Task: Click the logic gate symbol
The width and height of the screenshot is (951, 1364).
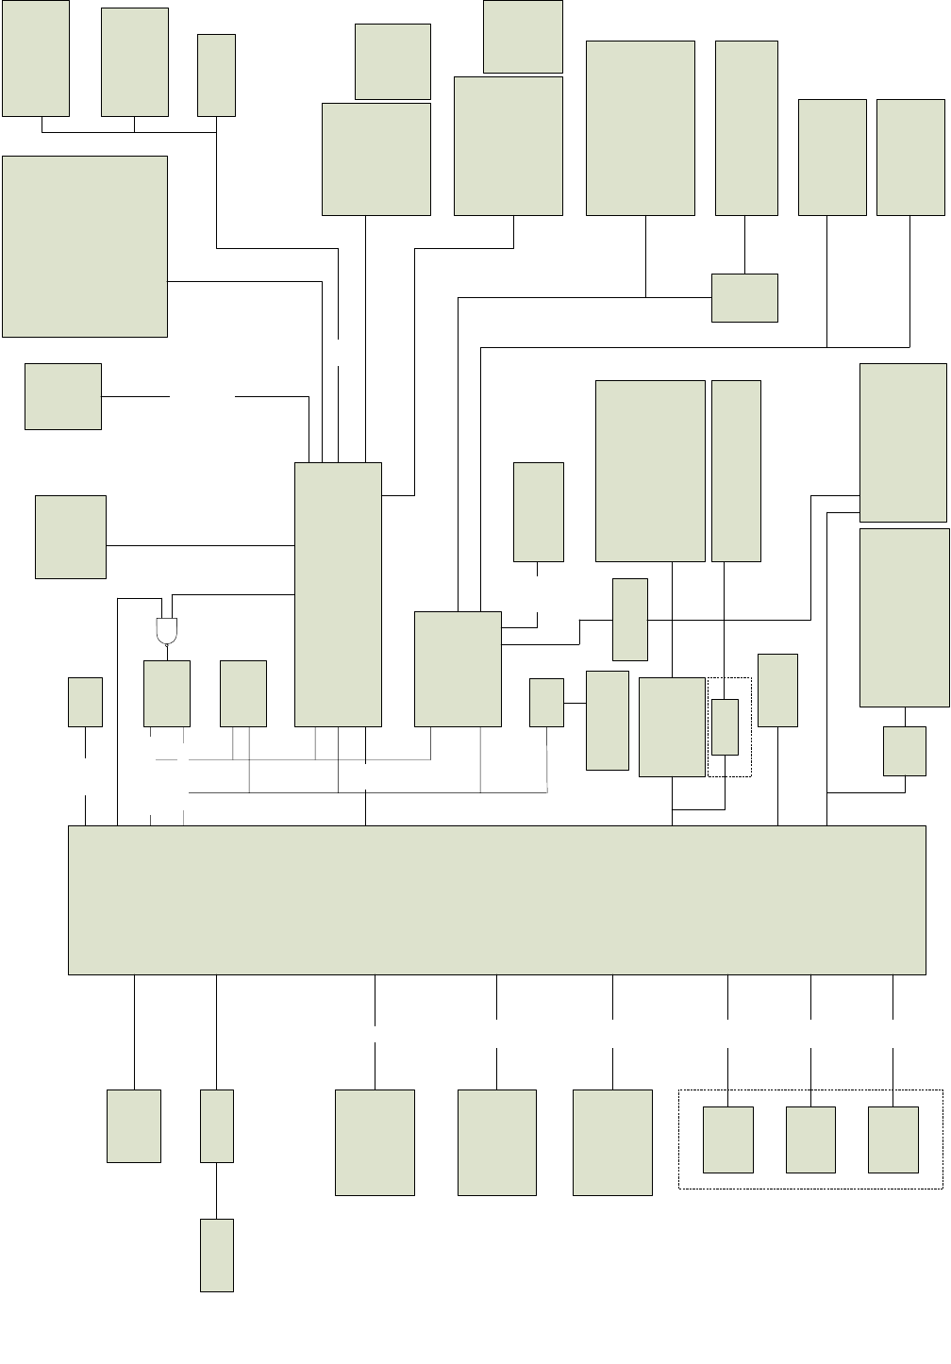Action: click(x=166, y=630)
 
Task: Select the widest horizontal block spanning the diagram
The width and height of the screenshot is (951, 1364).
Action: click(x=496, y=900)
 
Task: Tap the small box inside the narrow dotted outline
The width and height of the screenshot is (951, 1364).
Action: click(x=725, y=726)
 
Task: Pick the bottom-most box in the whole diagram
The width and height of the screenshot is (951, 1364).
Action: click(x=217, y=1255)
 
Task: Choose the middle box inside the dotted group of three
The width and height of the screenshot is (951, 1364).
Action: click(x=810, y=1139)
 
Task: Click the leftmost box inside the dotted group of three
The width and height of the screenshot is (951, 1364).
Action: click(x=728, y=1139)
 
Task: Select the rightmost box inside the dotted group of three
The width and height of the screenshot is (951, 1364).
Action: click(x=893, y=1139)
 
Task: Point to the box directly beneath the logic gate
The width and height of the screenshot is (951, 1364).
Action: click(x=167, y=693)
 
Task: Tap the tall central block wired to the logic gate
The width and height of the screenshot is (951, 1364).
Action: click(x=338, y=594)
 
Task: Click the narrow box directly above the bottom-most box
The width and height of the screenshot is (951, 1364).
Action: click(x=217, y=1125)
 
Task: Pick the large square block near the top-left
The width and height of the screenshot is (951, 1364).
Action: click(x=85, y=246)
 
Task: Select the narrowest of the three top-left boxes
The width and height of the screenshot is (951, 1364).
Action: click(x=217, y=75)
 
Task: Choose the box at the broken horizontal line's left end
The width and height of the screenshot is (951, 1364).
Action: click(x=63, y=396)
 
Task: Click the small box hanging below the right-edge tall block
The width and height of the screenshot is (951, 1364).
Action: click(x=905, y=751)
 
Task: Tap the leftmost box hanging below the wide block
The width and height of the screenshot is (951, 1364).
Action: click(x=134, y=1125)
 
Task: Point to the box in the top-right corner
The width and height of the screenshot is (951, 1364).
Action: click(x=910, y=158)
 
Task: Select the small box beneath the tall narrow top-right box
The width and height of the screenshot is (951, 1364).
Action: click(x=744, y=297)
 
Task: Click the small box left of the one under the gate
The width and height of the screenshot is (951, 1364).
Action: click(x=85, y=702)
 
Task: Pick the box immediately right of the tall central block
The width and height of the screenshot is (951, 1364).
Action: click(x=458, y=669)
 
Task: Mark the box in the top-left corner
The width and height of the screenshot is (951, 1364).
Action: click(x=36, y=58)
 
